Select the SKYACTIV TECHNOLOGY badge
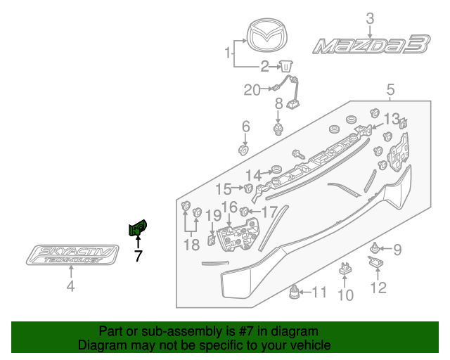coord(70,255)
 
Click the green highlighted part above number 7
coord(137,228)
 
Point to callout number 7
coord(138,257)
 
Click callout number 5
coord(390,89)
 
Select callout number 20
coord(251,89)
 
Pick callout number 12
coord(378,288)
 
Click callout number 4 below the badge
coord(70,285)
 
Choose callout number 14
coord(253,174)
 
